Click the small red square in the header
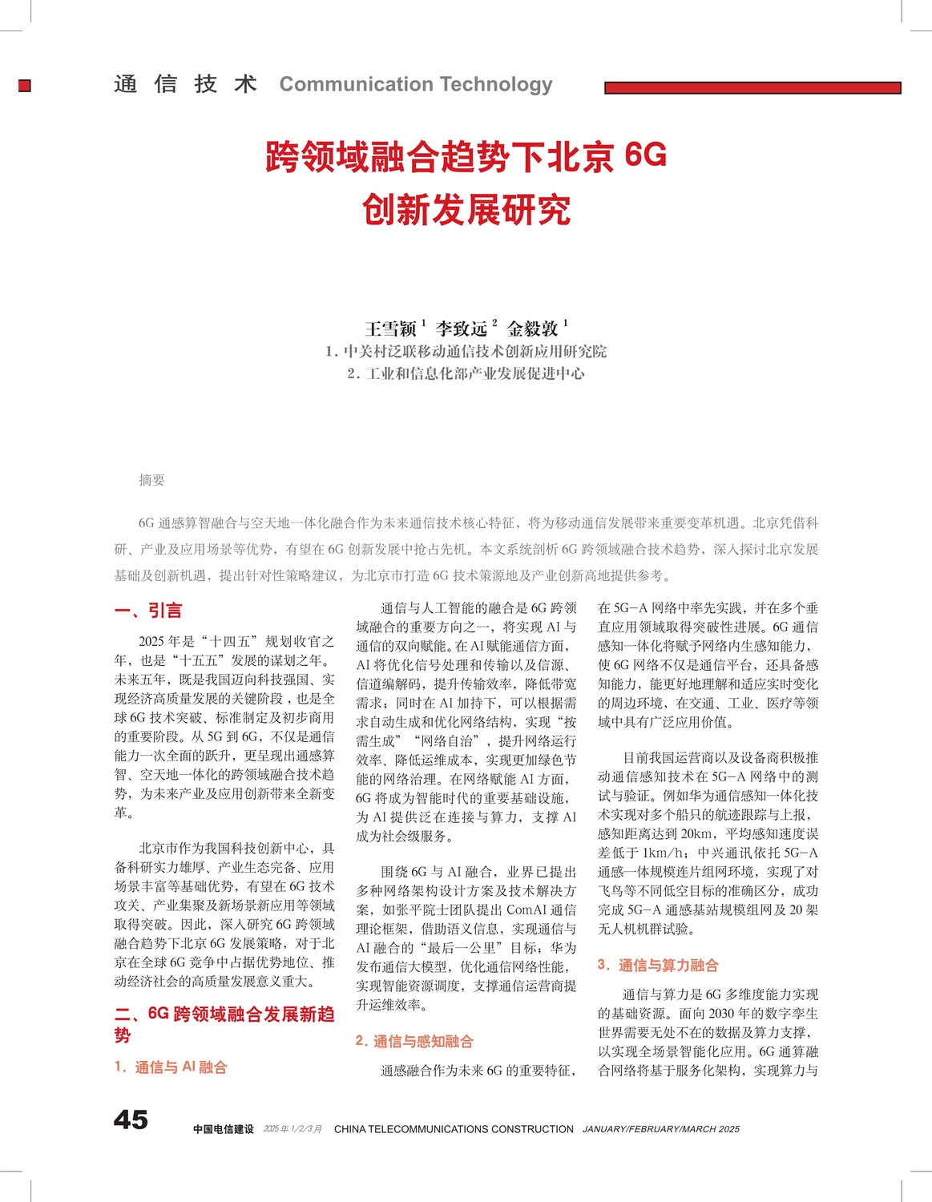[25, 86]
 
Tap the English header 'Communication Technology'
[415, 84]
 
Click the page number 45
[131, 1119]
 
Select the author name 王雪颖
[390, 329]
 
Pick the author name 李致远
[461, 329]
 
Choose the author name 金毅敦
[532, 329]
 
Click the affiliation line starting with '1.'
[466, 351]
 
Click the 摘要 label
[151, 480]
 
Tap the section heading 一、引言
[148, 611]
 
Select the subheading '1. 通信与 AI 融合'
[171, 1067]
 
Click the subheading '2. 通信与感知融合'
[414, 1041]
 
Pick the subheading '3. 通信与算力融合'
[658, 965]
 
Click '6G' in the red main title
[645, 155]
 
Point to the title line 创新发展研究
[466, 210]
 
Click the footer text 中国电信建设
[223, 1129]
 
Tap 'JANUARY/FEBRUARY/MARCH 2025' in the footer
[660, 1129]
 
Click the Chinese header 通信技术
[185, 84]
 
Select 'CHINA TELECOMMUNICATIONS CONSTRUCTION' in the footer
[454, 1129]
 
